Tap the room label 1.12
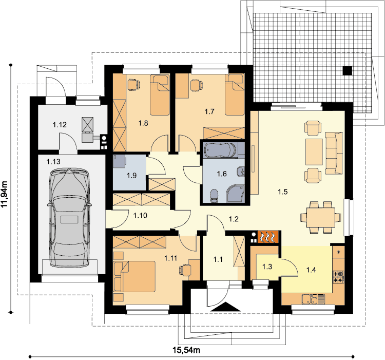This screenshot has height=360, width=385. pos(60,125)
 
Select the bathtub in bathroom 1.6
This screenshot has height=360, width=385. pos(221,149)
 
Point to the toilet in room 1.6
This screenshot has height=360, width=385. pos(215,196)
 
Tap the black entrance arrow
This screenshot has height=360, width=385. pos(226,307)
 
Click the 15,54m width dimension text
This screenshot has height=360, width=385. pos(186,350)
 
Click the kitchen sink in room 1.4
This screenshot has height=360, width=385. pos(313,299)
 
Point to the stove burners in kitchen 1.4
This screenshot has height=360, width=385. pos(338,276)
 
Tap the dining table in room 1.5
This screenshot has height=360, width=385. pos(321,218)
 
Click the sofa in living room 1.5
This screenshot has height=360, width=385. pos(334,153)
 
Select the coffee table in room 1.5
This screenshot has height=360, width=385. pos(314,152)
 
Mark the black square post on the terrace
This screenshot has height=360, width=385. pos(348,70)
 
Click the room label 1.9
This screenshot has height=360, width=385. pos(131,176)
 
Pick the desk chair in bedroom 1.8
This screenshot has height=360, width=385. pos(133,84)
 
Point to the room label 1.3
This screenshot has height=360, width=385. pos(267,267)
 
